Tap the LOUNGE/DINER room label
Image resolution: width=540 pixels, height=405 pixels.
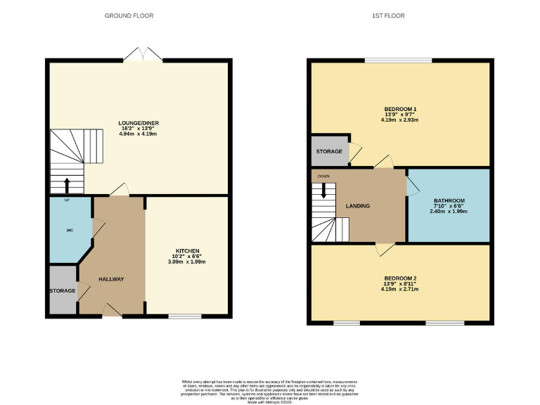[x=139, y=123]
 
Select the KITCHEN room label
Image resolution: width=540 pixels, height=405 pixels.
[x=188, y=251]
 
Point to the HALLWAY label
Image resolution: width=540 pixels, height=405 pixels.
[x=111, y=279]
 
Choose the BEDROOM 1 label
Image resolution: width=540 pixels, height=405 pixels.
[x=400, y=109]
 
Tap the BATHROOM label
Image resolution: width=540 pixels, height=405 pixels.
[x=448, y=200]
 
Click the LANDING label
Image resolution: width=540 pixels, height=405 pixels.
[x=358, y=206]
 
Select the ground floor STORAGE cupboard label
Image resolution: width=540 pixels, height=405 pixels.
[x=62, y=290]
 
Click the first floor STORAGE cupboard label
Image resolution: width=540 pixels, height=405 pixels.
[x=329, y=151]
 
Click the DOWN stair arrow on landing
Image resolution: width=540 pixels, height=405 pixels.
[x=324, y=189]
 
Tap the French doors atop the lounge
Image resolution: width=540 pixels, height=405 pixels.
[x=139, y=55]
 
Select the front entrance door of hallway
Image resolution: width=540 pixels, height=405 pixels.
[x=111, y=310]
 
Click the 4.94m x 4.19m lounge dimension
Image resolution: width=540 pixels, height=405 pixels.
[x=139, y=135]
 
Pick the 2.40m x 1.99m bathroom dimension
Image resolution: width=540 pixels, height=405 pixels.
[x=448, y=211]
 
